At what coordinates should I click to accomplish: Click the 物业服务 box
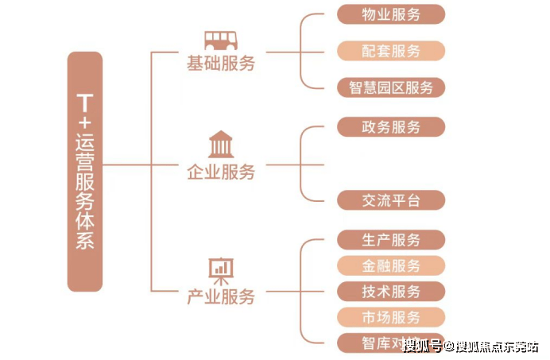391,14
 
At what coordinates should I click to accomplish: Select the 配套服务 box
391,51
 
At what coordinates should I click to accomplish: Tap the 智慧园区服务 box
391,87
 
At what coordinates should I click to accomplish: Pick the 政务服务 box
391,127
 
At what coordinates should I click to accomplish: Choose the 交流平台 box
391,200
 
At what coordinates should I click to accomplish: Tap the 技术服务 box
391,292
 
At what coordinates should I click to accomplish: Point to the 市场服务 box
391,317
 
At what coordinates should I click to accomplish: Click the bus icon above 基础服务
220,40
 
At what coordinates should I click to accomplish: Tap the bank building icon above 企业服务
220,145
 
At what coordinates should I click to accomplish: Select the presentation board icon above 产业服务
220,270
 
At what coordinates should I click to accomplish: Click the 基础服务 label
221,64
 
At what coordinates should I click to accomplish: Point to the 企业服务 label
221,172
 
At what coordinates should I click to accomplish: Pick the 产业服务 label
221,297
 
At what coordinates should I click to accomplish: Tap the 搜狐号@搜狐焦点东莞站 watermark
470,346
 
